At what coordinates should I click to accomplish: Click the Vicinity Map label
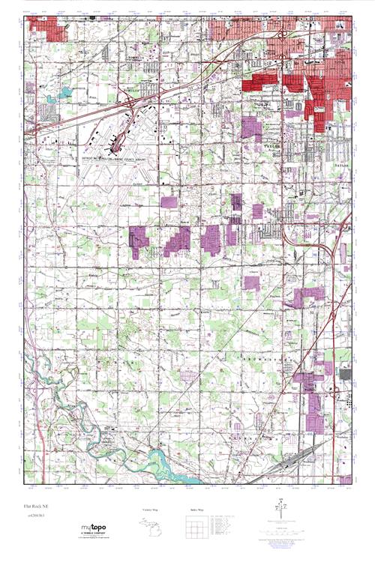point(151,510)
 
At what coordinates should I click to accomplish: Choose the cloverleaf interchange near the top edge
point(283,34)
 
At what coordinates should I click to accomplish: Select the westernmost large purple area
point(139,240)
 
